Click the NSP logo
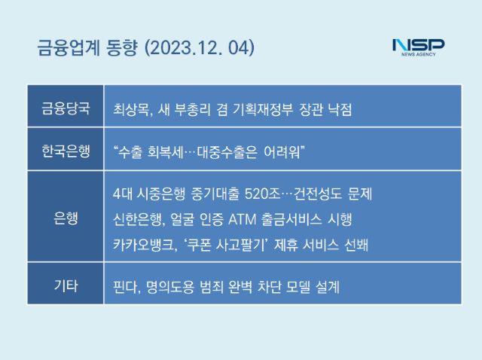[x=419, y=47]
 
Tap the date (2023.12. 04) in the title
[x=200, y=48]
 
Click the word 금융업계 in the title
[x=69, y=48]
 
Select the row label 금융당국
[x=66, y=108]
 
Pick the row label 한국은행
[x=66, y=151]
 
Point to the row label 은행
[x=66, y=218]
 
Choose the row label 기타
[x=66, y=285]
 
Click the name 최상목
[x=131, y=109]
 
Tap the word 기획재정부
[x=263, y=109]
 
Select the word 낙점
[x=340, y=109]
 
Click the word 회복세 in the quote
[x=166, y=152]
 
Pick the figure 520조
[x=263, y=194]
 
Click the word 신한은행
[x=137, y=219]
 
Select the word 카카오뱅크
[x=143, y=246]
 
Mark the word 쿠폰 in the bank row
[x=198, y=246]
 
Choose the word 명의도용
[x=170, y=287]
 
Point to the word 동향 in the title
[x=121, y=48]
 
